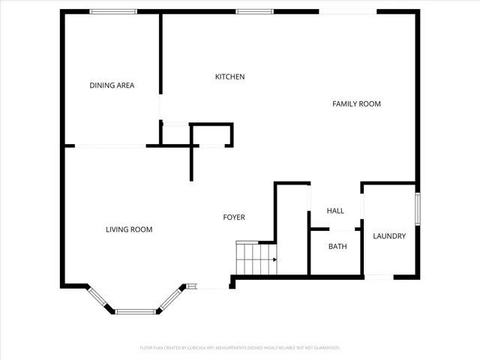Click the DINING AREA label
click(x=112, y=85)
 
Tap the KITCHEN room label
click(x=229, y=76)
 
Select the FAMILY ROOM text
click(x=356, y=103)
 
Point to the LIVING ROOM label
click(x=129, y=229)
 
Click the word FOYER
click(x=234, y=217)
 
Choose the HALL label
click(x=334, y=211)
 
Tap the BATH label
click(x=337, y=246)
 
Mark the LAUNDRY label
click(x=389, y=236)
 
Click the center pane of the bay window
click(x=136, y=311)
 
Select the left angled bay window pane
click(x=99, y=298)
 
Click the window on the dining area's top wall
click(x=113, y=11)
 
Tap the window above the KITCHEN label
click(x=254, y=11)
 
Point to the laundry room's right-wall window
click(x=418, y=208)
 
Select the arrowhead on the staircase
click(x=274, y=259)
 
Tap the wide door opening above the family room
click(x=348, y=11)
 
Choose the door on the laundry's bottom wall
click(x=379, y=277)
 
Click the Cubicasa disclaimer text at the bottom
click(x=240, y=348)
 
